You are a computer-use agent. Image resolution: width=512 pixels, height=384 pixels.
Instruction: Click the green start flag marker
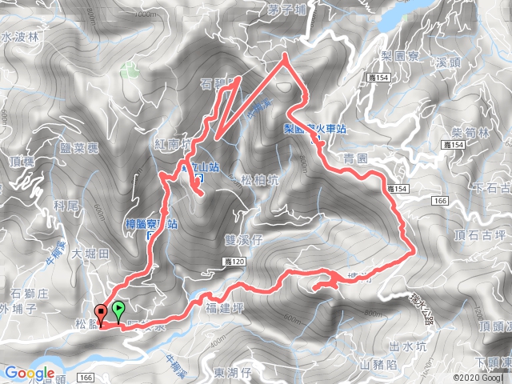click(119, 308)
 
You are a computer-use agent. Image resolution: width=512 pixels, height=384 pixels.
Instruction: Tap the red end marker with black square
click(101, 313)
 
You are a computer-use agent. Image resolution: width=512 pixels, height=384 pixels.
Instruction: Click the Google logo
click(30, 373)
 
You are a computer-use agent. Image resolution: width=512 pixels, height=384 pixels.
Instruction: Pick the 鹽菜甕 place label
click(78, 148)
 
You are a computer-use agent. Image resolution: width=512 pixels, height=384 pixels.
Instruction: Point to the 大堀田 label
click(89, 254)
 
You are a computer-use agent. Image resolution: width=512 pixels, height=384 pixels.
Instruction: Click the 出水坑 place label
click(403, 346)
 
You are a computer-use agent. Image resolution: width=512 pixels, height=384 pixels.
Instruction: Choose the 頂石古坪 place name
click(480, 235)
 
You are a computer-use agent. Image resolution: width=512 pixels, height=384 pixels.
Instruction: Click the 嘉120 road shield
click(230, 262)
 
